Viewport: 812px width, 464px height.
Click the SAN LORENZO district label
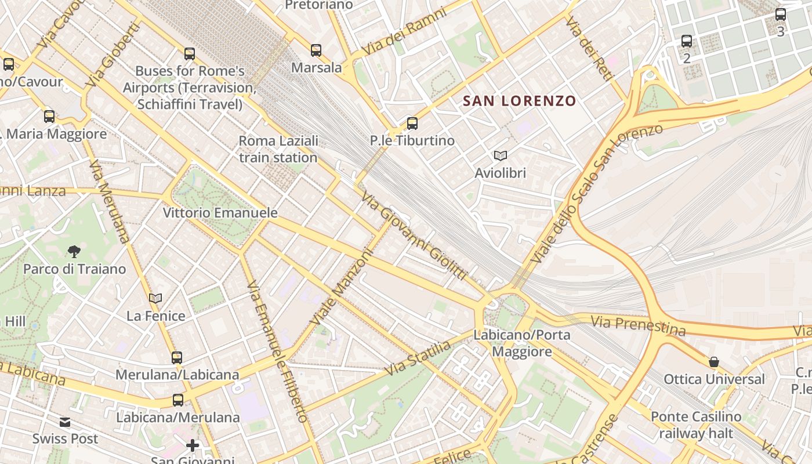(519, 101)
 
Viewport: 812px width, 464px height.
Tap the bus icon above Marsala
(316, 50)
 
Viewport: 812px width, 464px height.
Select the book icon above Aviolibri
(500, 155)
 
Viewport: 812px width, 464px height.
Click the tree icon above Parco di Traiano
(74, 251)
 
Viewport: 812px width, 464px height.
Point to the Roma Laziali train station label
(278, 149)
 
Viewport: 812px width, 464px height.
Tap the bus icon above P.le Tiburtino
(412, 123)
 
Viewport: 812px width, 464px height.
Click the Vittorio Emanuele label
(220, 213)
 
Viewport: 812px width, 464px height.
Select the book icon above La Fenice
(155, 298)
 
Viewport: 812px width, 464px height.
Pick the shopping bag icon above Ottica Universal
(714, 362)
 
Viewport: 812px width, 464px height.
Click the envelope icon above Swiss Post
(65, 422)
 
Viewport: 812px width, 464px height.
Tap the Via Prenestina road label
(638, 325)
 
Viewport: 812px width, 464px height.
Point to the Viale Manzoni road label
(340, 287)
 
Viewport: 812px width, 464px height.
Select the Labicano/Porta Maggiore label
(522, 343)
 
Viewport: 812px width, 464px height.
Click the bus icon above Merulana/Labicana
(177, 357)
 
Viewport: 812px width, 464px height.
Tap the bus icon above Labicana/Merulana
(178, 400)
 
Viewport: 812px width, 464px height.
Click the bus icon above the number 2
(687, 41)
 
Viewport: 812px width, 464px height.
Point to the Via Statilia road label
(418, 358)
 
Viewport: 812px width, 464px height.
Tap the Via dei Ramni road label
(404, 32)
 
